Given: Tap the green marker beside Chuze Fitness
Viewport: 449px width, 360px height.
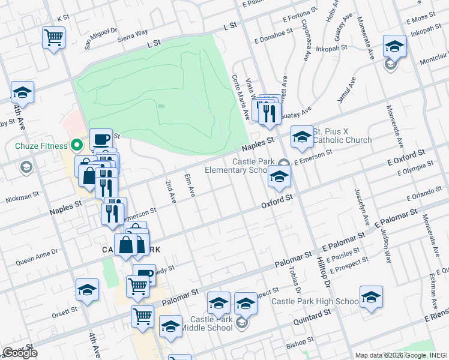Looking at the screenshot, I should tap(76, 145).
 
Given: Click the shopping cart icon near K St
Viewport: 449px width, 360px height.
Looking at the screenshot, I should tap(53, 38).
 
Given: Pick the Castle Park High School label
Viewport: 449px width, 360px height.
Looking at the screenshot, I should tap(315, 301).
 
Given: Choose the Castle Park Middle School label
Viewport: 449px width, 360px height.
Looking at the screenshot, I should tap(211, 323).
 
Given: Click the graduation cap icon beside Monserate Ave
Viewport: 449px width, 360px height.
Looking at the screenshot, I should tap(394, 46).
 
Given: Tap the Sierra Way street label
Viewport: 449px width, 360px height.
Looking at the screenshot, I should tap(133, 35).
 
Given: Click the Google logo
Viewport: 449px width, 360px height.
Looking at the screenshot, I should tap(20, 353).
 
